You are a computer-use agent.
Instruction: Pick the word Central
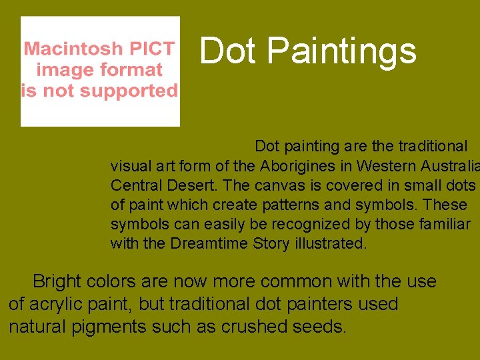[x=135, y=185]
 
